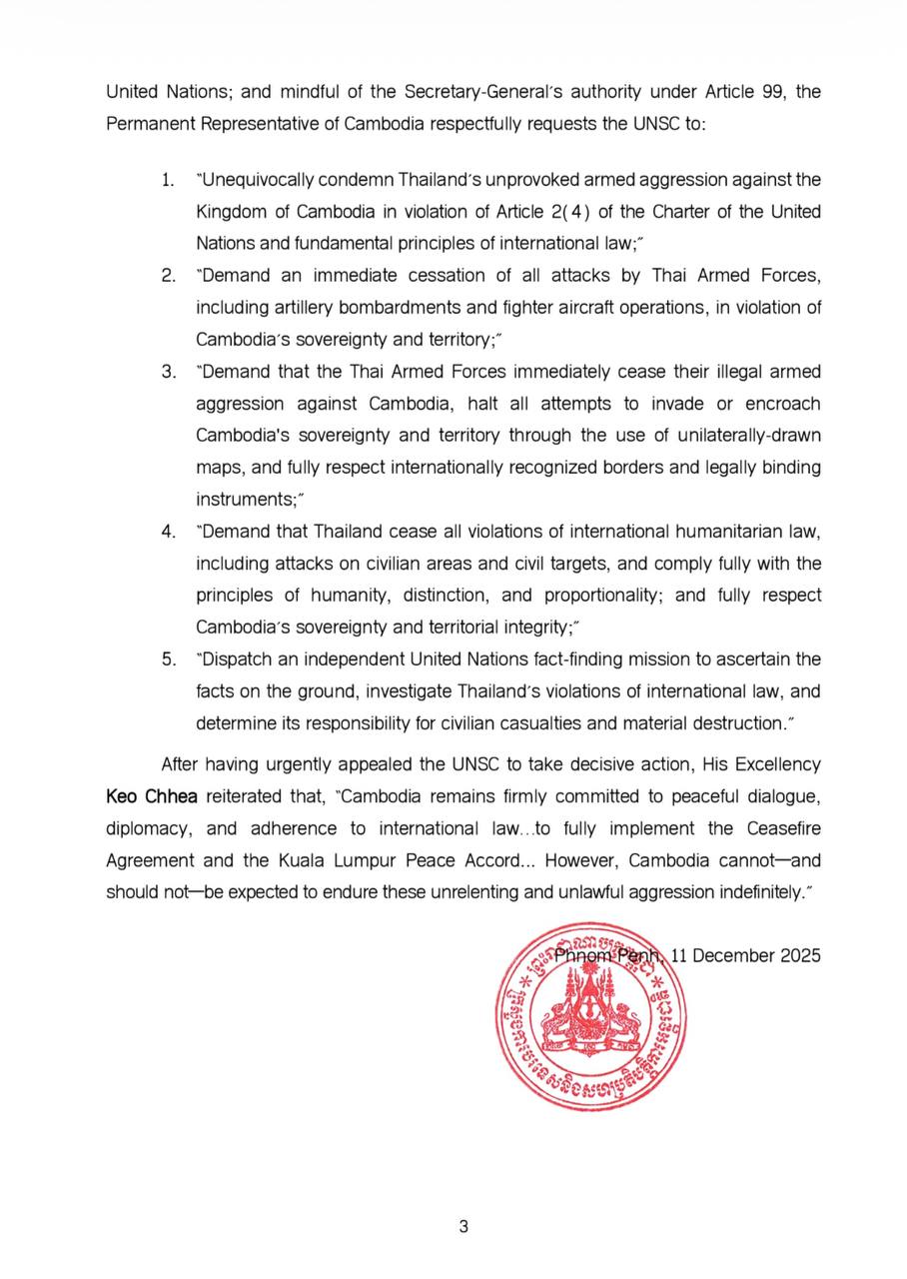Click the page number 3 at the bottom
coord(463,1226)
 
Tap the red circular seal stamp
coord(589,1013)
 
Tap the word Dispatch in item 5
coord(236,658)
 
